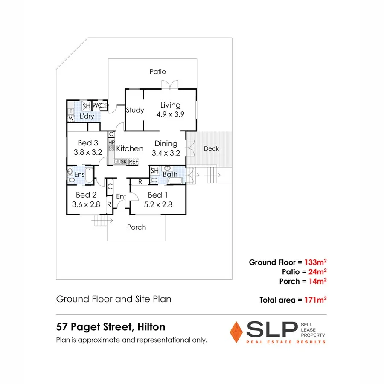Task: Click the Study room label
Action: (135, 110)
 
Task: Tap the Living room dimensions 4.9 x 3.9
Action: (170, 114)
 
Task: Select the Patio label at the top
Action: (157, 72)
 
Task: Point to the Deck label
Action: (211, 148)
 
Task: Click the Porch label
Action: (137, 227)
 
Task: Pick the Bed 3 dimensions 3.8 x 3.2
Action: (87, 152)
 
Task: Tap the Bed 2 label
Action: (85, 195)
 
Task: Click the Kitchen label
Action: (130, 148)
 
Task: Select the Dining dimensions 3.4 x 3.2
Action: (166, 153)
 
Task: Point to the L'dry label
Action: (87, 116)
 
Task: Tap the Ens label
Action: (79, 175)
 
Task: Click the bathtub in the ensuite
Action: (90, 175)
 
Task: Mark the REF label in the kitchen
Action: (134, 162)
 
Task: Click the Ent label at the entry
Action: (121, 196)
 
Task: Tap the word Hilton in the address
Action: (151, 327)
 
